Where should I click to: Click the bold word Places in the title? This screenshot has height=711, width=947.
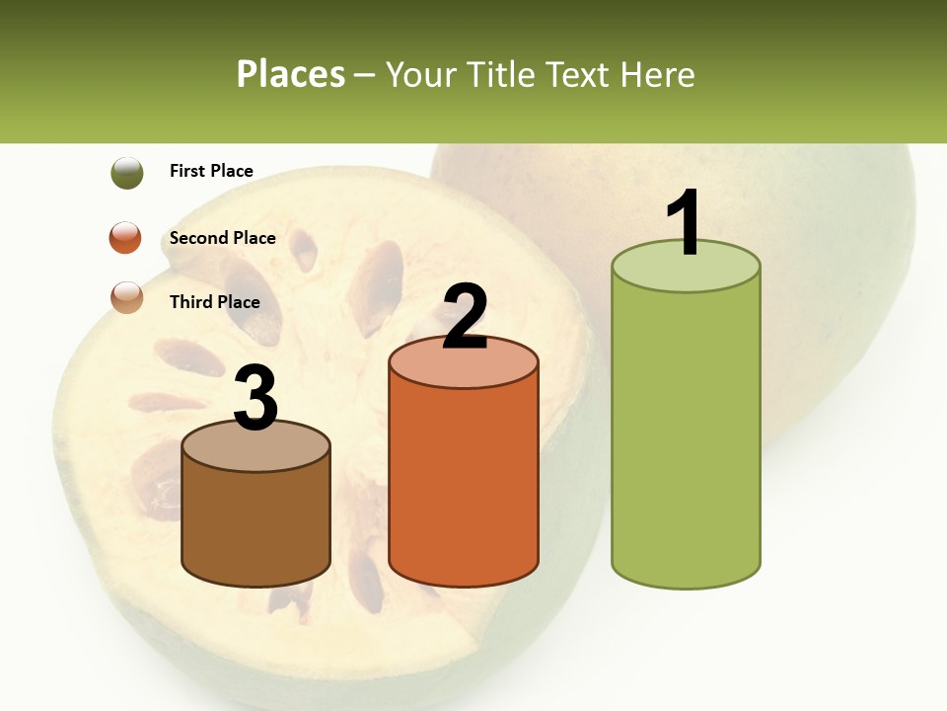click(290, 74)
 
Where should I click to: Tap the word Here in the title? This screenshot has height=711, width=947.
click(660, 74)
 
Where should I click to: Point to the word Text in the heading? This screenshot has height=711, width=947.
click(581, 74)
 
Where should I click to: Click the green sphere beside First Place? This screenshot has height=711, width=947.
click(127, 173)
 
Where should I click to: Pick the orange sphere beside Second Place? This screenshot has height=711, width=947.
click(125, 238)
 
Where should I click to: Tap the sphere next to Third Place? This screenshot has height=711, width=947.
click(127, 297)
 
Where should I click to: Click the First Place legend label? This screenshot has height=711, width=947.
click(211, 171)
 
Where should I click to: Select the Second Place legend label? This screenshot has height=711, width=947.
click(222, 238)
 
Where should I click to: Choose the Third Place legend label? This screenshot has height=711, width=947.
click(214, 302)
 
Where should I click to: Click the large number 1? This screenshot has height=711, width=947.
click(685, 223)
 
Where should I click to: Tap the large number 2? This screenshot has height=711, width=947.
click(465, 317)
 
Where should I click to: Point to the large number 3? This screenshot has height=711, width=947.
click(256, 398)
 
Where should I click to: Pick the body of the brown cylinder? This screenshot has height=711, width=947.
click(256, 523)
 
